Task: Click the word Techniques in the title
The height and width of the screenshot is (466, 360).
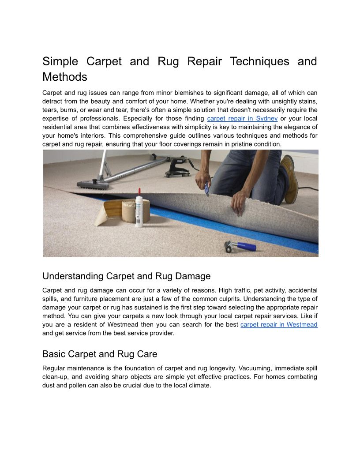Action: tap(259, 61)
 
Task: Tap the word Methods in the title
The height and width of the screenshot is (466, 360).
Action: tap(65, 77)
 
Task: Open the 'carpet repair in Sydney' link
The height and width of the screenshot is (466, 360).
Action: tap(242, 119)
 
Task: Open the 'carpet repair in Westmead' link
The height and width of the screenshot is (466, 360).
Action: tap(279, 325)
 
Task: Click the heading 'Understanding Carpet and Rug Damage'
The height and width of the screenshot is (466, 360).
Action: tap(126, 276)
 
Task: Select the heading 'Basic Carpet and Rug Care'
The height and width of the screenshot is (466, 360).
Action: tap(100, 354)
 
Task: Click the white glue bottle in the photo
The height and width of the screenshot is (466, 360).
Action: tap(139, 212)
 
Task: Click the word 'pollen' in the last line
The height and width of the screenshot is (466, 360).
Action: tap(77, 385)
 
